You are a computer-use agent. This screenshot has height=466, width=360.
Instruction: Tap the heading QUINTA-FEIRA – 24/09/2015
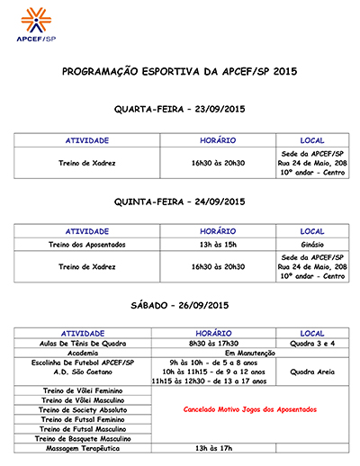point(179,202)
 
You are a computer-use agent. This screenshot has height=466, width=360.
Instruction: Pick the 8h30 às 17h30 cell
point(218,344)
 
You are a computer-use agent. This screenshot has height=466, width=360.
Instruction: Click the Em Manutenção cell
point(218,354)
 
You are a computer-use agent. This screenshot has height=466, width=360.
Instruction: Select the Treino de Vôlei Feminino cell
point(82,390)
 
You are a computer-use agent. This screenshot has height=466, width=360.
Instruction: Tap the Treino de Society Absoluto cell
point(82,409)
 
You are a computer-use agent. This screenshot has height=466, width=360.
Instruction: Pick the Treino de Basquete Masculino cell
point(82,438)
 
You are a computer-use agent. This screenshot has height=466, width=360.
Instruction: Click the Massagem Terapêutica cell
point(82,448)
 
